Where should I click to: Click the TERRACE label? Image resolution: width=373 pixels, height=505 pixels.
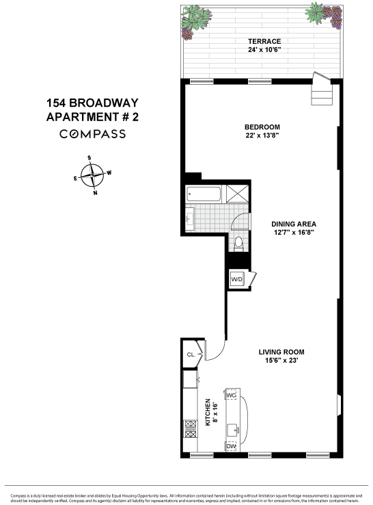tap(264, 42)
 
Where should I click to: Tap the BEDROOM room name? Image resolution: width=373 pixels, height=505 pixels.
tap(263, 127)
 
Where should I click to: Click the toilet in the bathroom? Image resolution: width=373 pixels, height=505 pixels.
tap(238, 242)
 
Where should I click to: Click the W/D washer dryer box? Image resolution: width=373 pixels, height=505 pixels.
tap(236, 279)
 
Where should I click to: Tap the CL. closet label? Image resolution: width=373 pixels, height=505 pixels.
tap(191, 354)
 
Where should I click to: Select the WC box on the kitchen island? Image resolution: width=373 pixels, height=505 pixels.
tap(231, 396)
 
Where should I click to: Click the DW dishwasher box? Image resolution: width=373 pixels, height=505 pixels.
tap(231, 446)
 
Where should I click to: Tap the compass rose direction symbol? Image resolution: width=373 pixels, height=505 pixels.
tap(92, 175)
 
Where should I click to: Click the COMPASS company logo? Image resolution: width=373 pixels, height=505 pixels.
tap(92, 134)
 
